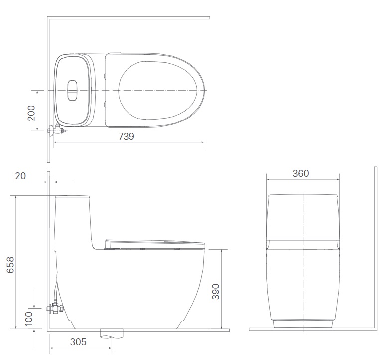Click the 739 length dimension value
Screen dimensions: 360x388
[x=127, y=136]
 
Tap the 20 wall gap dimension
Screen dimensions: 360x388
[x=20, y=175]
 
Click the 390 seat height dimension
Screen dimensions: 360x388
[x=215, y=292]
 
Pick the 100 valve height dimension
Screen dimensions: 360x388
[x=28, y=317]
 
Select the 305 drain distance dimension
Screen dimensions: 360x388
[x=78, y=342]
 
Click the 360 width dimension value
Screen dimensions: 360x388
[x=301, y=173]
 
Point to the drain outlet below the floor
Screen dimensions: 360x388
[x=111, y=333]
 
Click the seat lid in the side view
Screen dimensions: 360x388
[x=154, y=243]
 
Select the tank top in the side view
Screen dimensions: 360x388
[x=73, y=197]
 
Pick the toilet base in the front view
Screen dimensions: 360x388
[x=303, y=324]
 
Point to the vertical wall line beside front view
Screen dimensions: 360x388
[x=374, y=249]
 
